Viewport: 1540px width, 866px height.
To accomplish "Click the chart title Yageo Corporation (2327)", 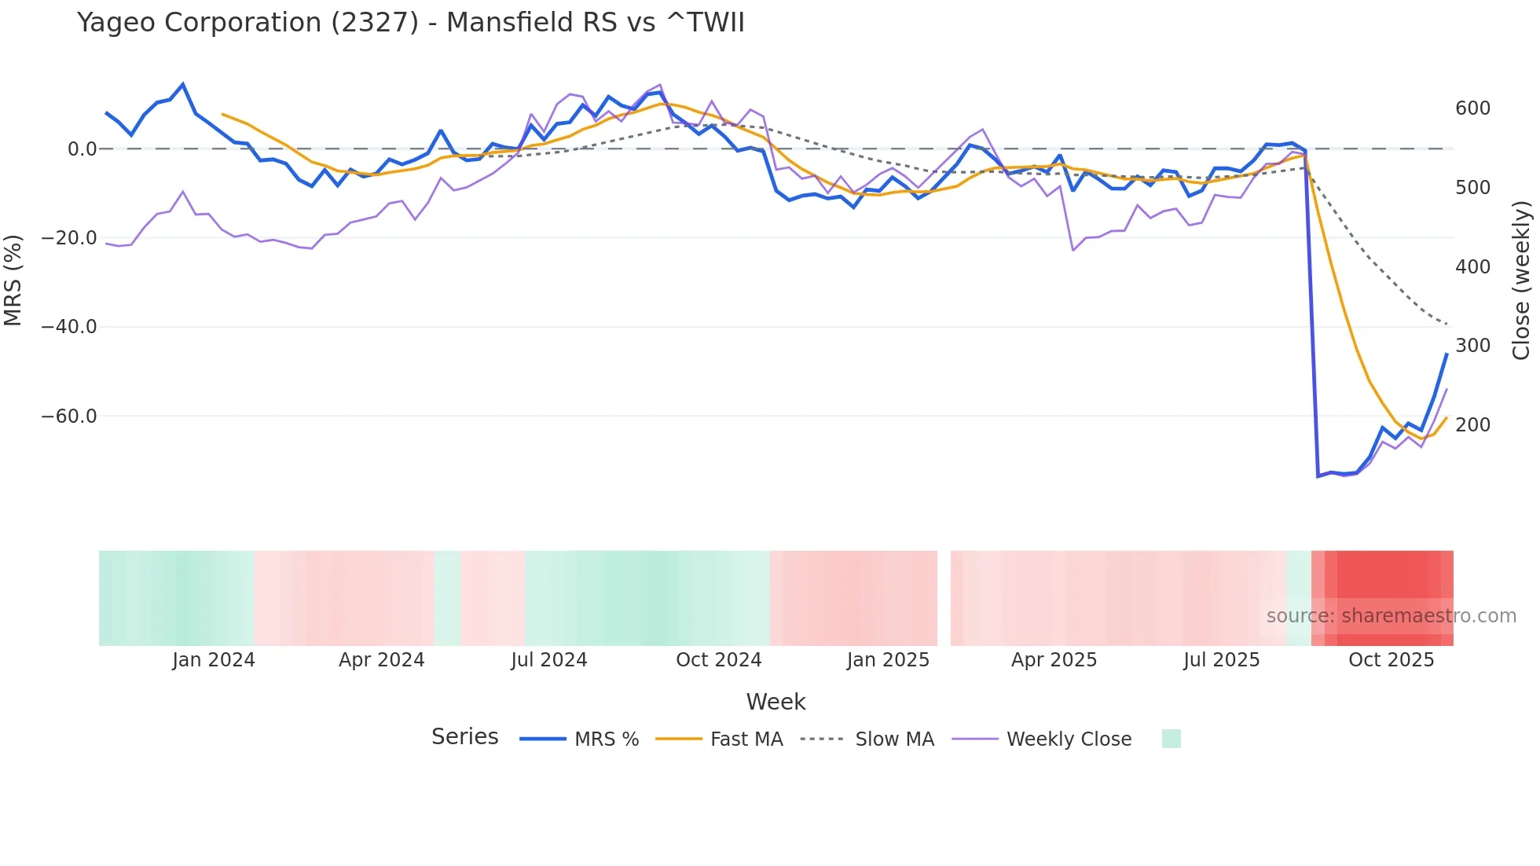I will point(410,23).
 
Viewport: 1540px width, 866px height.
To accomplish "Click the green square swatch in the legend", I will point(1171,739).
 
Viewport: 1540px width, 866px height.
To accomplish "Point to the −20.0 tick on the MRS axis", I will point(69,238).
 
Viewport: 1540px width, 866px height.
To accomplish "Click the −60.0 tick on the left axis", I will point(69,416).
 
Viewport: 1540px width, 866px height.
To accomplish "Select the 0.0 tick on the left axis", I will point(82,149).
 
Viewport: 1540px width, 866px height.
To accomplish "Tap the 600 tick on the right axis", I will point(1472,108).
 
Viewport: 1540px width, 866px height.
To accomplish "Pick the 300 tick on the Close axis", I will point(1472,346).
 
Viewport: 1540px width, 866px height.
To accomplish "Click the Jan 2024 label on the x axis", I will point(214,660).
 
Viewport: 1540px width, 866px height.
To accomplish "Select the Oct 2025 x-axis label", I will point(1391,660).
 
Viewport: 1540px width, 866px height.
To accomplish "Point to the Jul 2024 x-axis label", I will point(548,660).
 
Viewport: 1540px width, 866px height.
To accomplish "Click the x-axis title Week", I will point(775,702).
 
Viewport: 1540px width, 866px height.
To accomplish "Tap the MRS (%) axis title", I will point(13,280).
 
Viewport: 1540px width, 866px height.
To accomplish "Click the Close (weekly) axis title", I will point(1522,280).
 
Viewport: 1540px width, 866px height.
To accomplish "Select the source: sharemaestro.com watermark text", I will point(1391,616).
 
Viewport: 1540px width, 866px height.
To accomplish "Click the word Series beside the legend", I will point(464,737).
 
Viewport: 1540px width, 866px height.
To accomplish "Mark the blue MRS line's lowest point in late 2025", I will point(1318,476).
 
